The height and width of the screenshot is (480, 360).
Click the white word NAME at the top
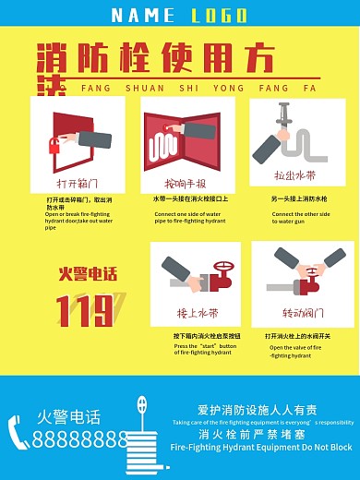pos(142,15)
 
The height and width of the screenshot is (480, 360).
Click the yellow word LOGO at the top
pos(219,15)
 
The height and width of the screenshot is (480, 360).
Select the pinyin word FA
pos(309,90)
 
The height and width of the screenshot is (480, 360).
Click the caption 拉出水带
pos(294,174)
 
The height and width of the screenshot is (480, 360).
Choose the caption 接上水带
pos(197,313)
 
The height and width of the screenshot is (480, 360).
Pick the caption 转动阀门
pos(297,313)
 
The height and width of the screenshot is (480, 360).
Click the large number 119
pos(85,310)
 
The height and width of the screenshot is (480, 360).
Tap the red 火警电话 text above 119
pos(88,273)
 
